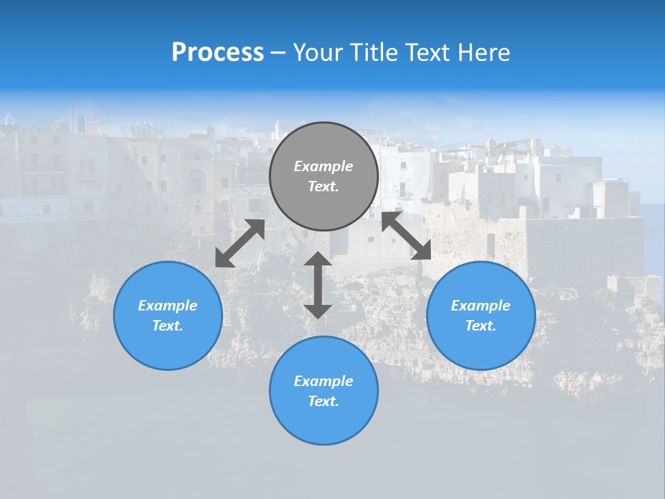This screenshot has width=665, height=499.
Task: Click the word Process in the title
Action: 218,53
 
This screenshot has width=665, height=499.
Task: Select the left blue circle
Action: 168,340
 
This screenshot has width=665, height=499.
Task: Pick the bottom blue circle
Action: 323,423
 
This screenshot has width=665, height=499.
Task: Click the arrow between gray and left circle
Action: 240,243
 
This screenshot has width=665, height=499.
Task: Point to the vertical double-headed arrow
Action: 318,285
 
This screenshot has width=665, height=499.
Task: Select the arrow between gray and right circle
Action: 407,236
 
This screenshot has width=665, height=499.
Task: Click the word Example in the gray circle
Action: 323,166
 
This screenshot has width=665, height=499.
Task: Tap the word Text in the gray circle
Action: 323,186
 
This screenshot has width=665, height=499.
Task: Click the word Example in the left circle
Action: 168,306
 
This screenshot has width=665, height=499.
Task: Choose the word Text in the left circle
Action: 168,326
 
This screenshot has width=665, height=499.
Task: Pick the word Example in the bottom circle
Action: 323,381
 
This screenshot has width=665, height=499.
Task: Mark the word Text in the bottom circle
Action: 323,401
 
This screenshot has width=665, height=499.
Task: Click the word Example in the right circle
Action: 481,306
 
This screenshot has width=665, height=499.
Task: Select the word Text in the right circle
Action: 481,326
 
